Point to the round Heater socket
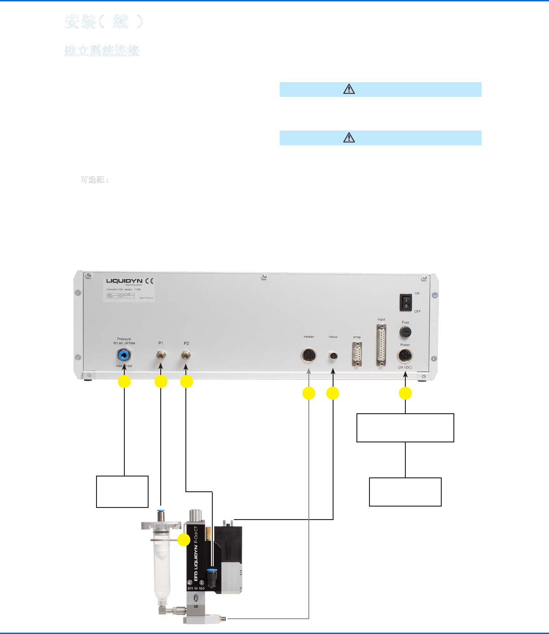[x=308, y=356]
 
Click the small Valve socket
[x=333, y=356]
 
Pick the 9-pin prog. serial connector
[x=357, y=354]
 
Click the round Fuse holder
[x=405, y=332]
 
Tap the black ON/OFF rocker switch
[x=406, y=302]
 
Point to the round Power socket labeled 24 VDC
[x=405, y=357]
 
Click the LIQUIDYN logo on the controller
[x=124, y=281]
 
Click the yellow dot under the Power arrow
[x=405, y=394]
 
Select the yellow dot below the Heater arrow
[x=309, y=394]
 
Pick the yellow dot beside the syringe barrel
[x=184, y=540]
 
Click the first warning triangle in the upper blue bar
[x=349, y=89]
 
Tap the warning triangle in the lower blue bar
[x=349, y=138]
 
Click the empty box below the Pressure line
[x=122, y=491]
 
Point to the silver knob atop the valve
[x=196, y=515]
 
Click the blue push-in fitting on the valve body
[x=211, y=573]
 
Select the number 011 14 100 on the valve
[x=196, y=588]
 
